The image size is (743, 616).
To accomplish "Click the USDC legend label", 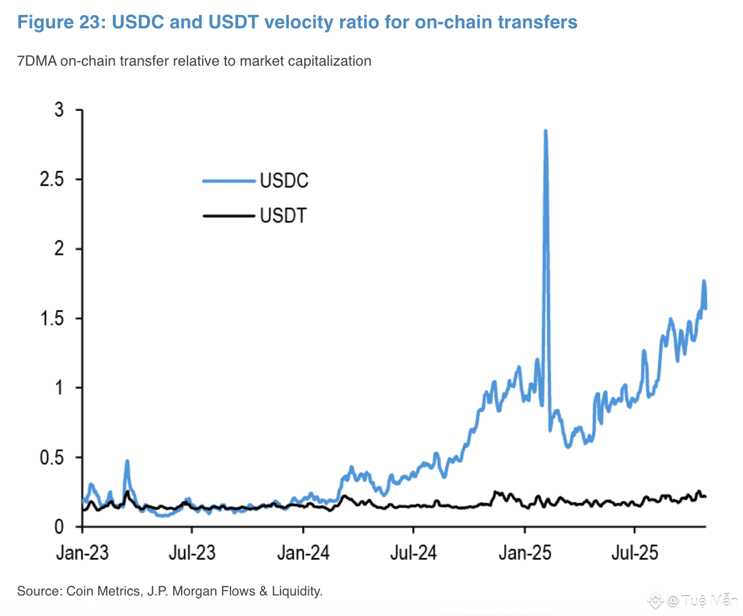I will click(284, 180).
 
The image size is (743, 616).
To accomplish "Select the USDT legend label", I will click(283, 215).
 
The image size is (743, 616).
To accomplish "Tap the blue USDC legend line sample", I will click(229, 180).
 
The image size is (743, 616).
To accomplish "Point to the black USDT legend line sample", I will click(229, 215).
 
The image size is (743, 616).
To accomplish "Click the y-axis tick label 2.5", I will click(52, 180).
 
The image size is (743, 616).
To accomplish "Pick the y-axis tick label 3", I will click(58, 110).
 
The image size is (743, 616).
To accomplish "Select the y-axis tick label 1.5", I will click(52, 318).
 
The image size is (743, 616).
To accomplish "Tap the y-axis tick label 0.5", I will click(52, 457).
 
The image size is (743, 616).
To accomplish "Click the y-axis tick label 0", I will click(58, 527).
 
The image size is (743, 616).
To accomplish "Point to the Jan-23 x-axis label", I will click(82, 553).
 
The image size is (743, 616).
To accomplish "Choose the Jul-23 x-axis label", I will click(192, 553).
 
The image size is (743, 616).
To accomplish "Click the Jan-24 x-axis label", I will click(303, 553).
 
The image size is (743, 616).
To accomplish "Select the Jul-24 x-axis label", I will click(413, 553).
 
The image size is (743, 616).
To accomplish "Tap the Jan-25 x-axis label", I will click(525, 553).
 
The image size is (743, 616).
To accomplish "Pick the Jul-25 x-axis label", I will click(634, 553).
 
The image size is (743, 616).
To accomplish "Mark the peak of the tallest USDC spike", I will click(545, 131).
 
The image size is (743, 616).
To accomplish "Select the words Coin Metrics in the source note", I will click(103, 591).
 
